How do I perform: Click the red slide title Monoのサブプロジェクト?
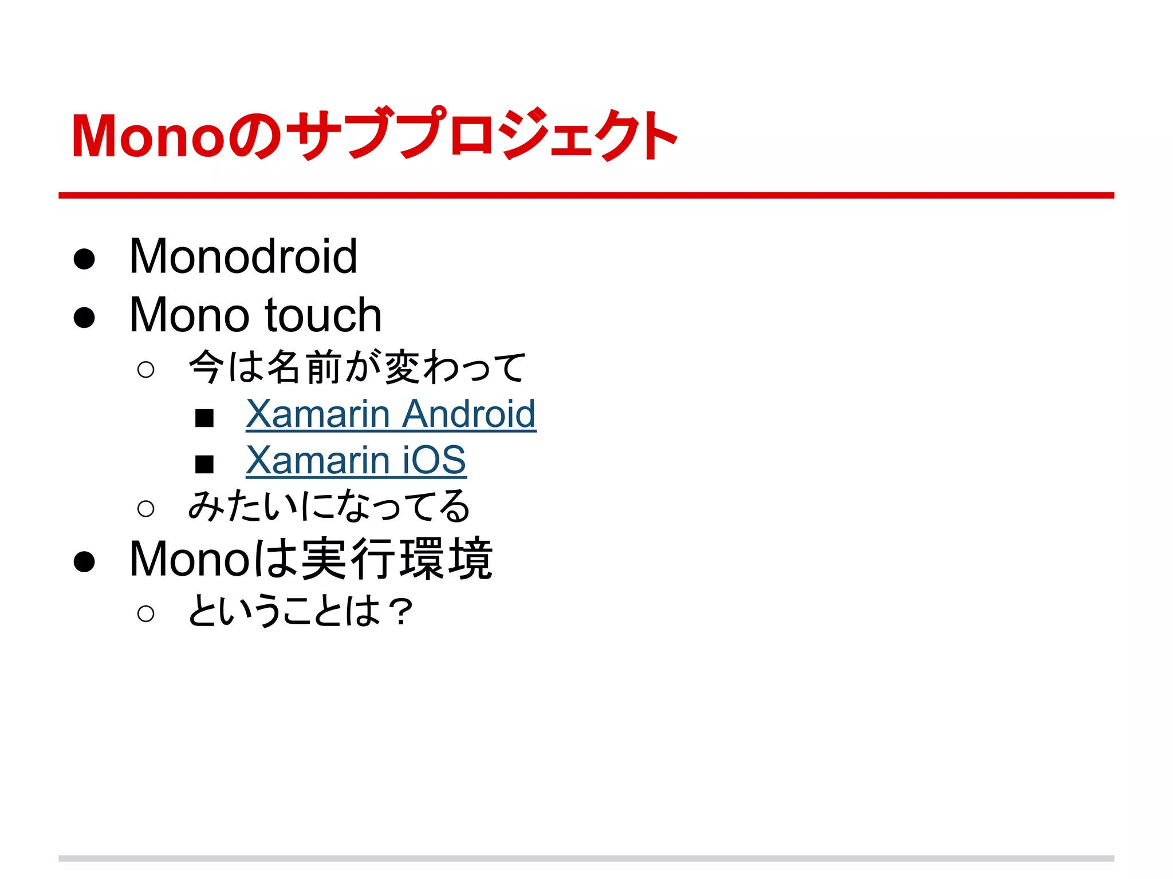(373, 135)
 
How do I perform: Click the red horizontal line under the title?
(586, 196)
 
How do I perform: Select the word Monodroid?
(243, 256)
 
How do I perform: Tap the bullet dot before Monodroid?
(84, 259)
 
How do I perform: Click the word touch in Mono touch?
(324, 315)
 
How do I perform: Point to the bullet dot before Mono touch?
(84, 317)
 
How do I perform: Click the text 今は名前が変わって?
(357, 367)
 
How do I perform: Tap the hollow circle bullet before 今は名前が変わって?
(146, 370)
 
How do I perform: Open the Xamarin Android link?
(391, 414)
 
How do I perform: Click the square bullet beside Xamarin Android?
(204, 418)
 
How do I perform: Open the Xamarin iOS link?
(356, 460)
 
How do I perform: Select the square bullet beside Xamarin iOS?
(204, 464)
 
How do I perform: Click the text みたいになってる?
(329, 506)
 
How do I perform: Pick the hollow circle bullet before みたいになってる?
(146, 508)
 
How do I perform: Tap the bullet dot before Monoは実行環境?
(84, 561)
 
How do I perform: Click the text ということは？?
(300, 611)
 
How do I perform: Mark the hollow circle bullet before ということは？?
(146, 613)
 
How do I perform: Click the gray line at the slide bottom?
(586, 858)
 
